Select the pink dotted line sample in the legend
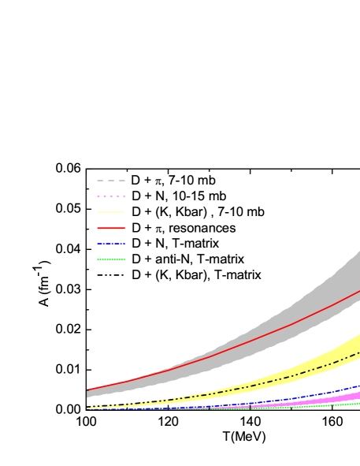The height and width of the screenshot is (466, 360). (111, 196)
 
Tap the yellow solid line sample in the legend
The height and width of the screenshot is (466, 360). (111, 212)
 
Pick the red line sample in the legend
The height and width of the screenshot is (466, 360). (111, 228)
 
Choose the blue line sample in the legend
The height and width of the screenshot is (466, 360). (111, 244)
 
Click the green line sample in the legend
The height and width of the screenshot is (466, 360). (111, 259)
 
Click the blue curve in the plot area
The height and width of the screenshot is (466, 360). (315, 394)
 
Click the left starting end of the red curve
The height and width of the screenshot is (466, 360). (88, 390)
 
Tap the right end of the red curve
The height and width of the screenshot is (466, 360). (358, 292)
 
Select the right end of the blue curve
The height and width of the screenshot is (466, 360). (358, 386)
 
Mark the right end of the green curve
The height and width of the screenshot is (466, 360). (358, 403)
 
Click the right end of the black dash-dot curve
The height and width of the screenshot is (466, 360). (358, 352)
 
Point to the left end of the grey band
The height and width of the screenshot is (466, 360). (88, 393)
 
